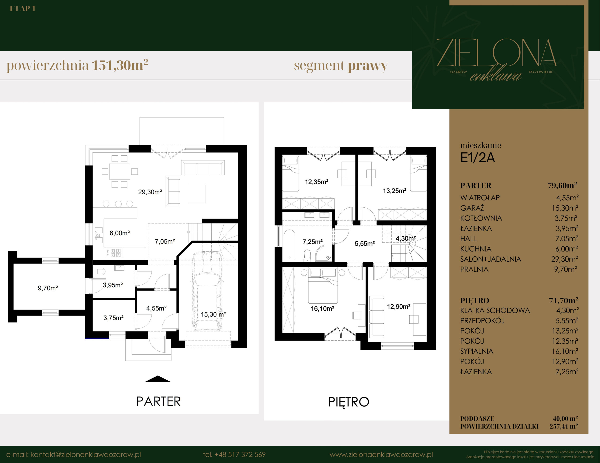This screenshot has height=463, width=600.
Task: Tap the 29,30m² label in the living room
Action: click(150, 192)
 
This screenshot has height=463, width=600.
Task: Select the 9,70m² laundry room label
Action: click(48, 288)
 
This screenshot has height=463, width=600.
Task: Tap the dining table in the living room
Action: click(120, 171)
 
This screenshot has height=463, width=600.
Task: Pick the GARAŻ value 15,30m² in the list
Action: click(565, 208)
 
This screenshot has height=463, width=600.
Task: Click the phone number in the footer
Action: click(234, 455)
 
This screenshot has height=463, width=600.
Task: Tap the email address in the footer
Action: click(74, 455)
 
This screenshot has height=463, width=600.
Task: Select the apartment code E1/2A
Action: click(477, 158)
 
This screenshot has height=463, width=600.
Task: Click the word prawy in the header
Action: click(368, 66)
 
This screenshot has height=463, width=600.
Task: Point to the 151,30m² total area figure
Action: click(120, 65)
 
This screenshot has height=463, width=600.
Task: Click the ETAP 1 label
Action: click(22, 9)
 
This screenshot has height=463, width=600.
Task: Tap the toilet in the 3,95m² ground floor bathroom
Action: click(100, 272)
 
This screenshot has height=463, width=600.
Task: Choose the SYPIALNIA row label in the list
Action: click(477, 351)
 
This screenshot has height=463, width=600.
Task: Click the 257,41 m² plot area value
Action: click(563, 426)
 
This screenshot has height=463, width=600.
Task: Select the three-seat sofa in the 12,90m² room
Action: click(377, 317)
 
